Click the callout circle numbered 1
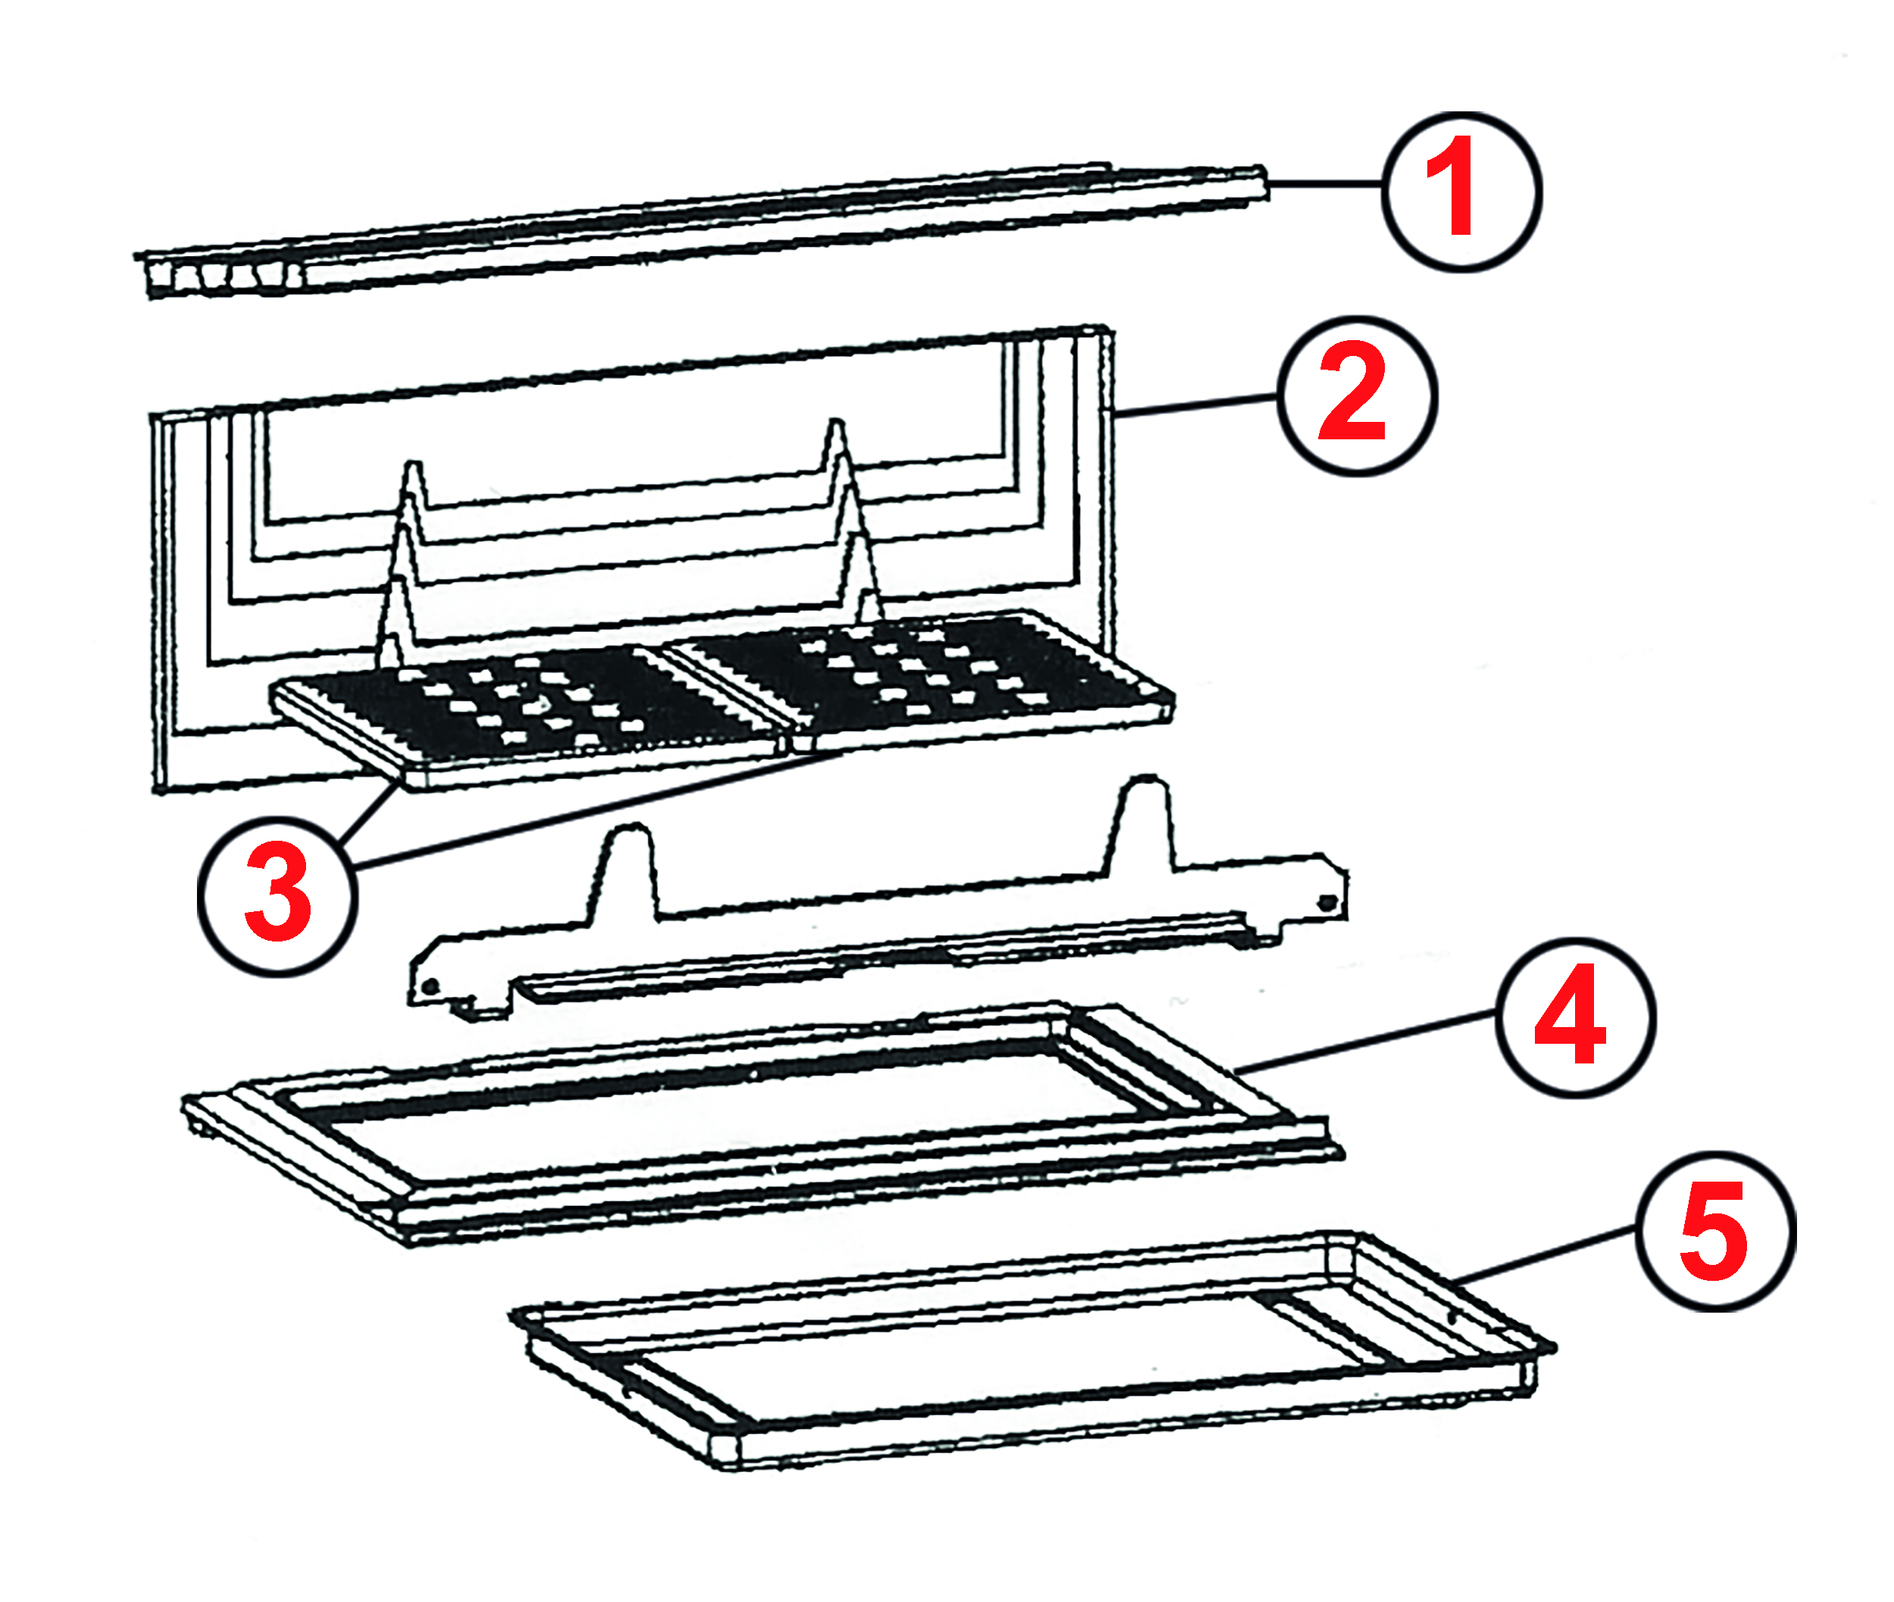tap(1461, 192)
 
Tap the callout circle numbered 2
tap(1356, 396)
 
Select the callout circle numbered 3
tap(277, 896)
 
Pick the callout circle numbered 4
tap(1574, 1017)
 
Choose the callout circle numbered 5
tap(1714, 1231)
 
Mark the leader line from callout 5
tap(1544, 1255)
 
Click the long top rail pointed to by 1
tap(727, 227)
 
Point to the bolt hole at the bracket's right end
tap(1327, 903)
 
